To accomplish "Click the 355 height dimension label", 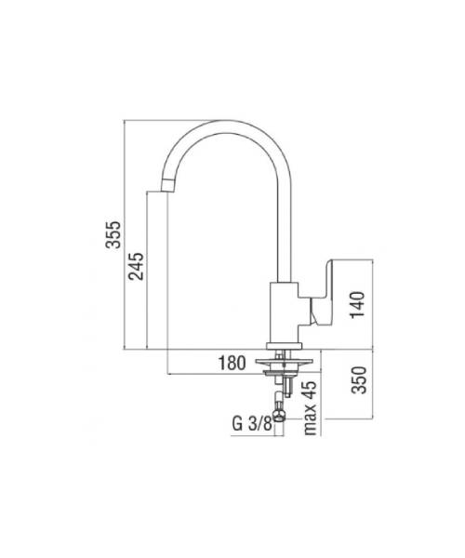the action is tap(114, 234).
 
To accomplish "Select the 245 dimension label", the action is tap(137, 266).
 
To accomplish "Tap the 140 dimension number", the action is tap(358, 305).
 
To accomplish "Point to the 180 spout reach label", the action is tap(232, 363).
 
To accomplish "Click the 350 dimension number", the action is tap(359, 379).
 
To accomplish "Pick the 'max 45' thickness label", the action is tap(310, 408).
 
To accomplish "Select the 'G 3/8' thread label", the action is tap(252, 424).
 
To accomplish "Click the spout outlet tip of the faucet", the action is tap(168, 186).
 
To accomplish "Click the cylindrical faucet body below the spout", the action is tap(284, 312).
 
